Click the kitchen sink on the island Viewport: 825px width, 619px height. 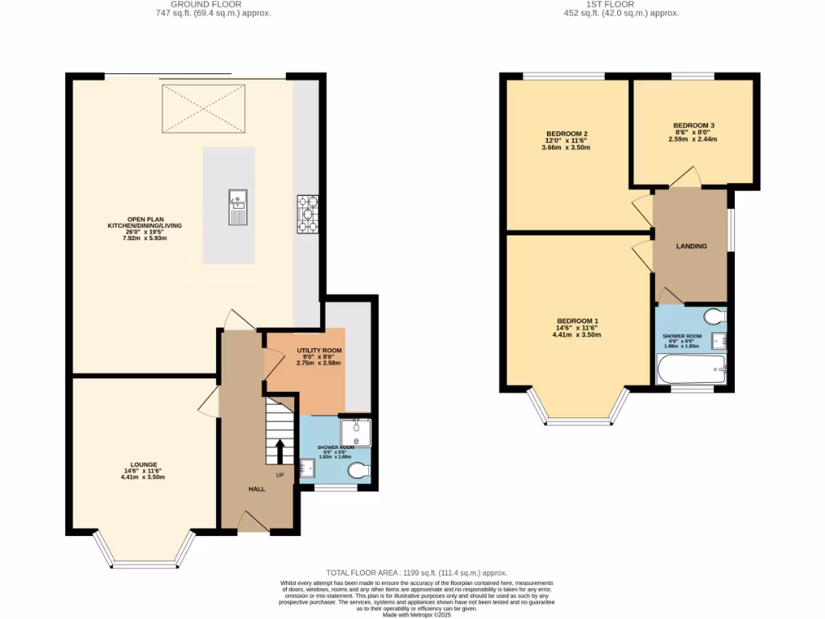tap(237, 206)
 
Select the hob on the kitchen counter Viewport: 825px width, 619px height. tap(308, 214)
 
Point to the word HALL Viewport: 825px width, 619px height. tap(256, 489)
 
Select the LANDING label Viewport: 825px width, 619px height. tap(691, 246)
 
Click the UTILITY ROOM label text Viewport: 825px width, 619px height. tap(319, 351)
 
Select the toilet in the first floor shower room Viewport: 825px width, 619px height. tap(715, 315)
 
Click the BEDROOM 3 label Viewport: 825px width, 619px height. tap(694, 126)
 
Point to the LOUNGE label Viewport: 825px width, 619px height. tap(144, 465)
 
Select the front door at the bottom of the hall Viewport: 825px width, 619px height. tap(254, 524)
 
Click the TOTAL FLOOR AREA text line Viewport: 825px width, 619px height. tap(412, 571)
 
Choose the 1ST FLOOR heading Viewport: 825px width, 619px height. tap(620, 4)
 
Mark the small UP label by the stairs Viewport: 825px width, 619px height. tap(280, 475)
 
